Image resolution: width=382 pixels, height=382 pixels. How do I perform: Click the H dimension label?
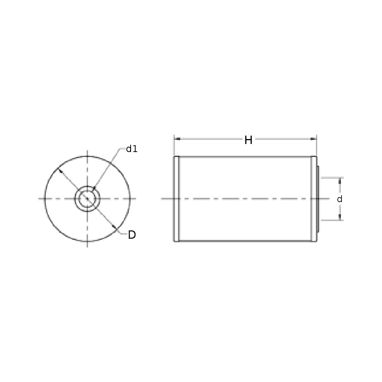pos(248,140)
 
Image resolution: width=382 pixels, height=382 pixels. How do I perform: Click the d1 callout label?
pos(132,149)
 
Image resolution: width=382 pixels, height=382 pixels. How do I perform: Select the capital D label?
pos(132,235)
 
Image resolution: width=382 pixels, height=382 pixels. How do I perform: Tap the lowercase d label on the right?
pos(340,199)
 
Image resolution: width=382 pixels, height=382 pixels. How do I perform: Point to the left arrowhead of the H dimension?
pos(177,139)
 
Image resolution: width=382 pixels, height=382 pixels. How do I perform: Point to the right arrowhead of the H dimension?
pos(314,139)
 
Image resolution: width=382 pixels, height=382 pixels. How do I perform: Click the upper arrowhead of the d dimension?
pos(340,181)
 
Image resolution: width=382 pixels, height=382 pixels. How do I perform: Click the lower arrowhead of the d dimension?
pos(340,217)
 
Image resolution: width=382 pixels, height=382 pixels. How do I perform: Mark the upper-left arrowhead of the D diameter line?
pos(60,170)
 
